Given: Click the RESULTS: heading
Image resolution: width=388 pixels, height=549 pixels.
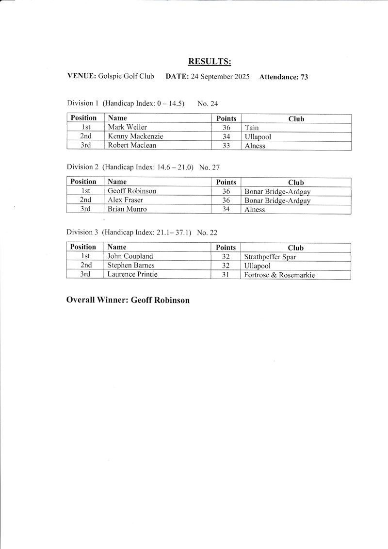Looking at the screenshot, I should (x=209, y=61).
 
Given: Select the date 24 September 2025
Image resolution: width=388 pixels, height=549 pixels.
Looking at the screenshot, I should (x=220, y=76).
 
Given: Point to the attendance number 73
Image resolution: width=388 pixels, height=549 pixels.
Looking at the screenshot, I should (x=304, y=77).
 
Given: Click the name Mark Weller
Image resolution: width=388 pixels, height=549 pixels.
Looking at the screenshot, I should (x=127, y=127).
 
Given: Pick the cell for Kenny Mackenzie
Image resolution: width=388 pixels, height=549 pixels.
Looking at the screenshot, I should (x=135, y=136).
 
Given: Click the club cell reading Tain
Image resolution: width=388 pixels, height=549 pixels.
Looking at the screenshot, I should (x=252, y=128).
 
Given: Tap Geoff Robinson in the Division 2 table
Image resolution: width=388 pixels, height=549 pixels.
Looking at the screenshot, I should (x=131, y=191).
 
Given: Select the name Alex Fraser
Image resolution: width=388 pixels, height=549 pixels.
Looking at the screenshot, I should (x=126, y=200).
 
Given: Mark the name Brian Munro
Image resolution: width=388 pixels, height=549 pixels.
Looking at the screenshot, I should (x=127, y=209).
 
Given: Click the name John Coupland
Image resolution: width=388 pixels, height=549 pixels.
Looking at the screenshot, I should (x=130, y=256).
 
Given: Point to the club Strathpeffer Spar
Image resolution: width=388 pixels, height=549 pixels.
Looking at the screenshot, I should (x=270, y=257).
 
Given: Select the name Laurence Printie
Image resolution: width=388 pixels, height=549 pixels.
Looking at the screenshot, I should (x=132, y=275).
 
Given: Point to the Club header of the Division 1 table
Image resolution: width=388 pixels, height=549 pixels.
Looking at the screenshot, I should (x=296, y=118).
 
